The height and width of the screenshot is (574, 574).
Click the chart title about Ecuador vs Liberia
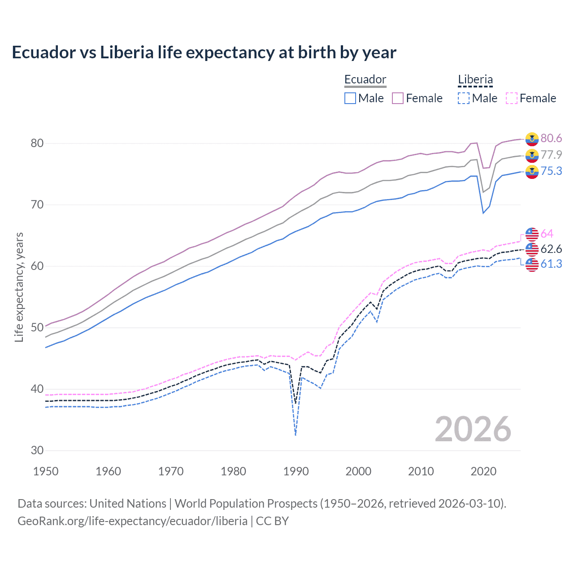[x=204, y=52]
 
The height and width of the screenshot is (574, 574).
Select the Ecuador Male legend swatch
[x=350, y=98]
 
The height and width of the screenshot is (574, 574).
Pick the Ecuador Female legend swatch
[x=398, y=98]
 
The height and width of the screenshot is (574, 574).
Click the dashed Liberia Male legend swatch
[x=464, y=98]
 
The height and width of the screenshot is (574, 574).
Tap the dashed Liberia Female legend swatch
[x=512, y=98]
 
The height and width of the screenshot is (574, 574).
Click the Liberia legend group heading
[x=475, y=80]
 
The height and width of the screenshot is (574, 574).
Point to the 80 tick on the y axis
[x=37, y=143]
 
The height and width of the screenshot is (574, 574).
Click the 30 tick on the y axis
[x=37, y=450]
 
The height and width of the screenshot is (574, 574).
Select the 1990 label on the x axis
[x=296, y=471]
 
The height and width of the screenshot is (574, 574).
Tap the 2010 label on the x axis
[x=421, y=471]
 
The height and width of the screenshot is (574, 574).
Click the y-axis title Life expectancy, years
[x=19, y=287]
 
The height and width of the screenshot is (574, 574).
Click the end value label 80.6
[x=551, y=139]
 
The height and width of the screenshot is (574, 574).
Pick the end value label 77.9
[x=551, y=155]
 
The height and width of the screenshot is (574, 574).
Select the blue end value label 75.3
[x=551, y=171]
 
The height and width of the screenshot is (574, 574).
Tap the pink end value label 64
[x=547, y=234]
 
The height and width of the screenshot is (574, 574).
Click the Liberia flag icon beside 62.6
[x=532, y=249]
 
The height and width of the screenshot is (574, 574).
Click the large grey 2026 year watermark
[x=473, y=429]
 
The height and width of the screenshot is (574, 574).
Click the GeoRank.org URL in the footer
[x=132, y=521]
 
